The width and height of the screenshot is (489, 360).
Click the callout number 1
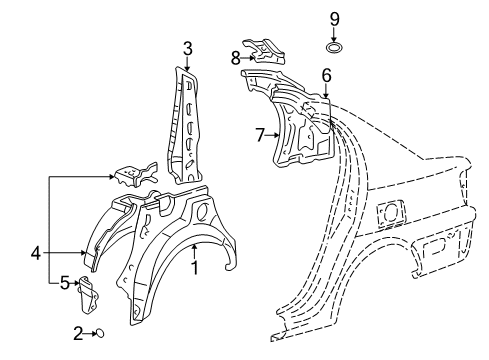(x=195, y=267)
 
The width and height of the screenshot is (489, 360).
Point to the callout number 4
(x=36, y=254)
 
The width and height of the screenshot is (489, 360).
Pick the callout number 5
(x=64, y=284)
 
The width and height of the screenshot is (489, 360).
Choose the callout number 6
(x=326, y=75)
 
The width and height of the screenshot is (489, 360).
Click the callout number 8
(x=236, y=57)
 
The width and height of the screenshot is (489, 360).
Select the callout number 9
(x=335, y=18)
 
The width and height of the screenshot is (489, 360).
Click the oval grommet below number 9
(x=335, y=48)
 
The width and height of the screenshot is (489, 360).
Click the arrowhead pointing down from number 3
(x=187, y=67)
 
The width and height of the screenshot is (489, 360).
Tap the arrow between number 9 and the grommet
(x=335, y=33)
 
